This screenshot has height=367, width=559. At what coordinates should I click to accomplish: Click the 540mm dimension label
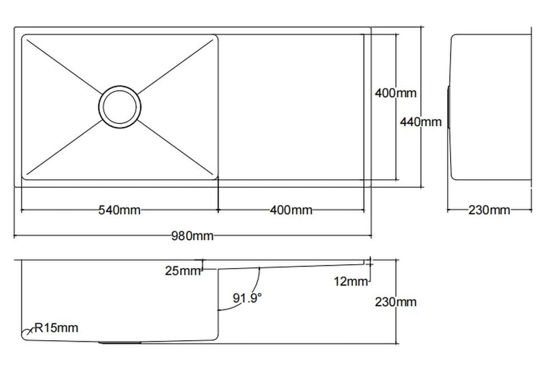pos(119,211)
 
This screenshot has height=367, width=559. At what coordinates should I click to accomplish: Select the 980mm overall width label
pos(192,236)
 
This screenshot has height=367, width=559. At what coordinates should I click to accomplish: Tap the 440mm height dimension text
pos(420,121)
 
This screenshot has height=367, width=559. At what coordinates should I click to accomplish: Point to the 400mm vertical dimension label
pos(395,93)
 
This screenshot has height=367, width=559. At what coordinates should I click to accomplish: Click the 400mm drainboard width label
pos(291,211)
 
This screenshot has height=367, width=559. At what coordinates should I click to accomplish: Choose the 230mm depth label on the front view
pos(395,302)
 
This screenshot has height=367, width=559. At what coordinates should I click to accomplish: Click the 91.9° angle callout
pos(247,298)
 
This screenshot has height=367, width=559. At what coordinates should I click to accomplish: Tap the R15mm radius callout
pos(56,328)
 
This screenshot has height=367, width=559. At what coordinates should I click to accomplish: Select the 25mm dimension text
pos(182,271)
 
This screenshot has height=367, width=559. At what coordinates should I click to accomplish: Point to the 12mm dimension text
pos(351,282)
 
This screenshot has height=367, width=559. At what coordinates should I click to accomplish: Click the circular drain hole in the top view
pos(120,106)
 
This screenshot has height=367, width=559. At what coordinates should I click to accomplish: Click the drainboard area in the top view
pos(291,106)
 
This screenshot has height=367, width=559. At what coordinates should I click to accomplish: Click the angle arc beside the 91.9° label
pos(258,282)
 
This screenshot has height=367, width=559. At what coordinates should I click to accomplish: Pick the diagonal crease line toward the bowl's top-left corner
pos(61,63)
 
